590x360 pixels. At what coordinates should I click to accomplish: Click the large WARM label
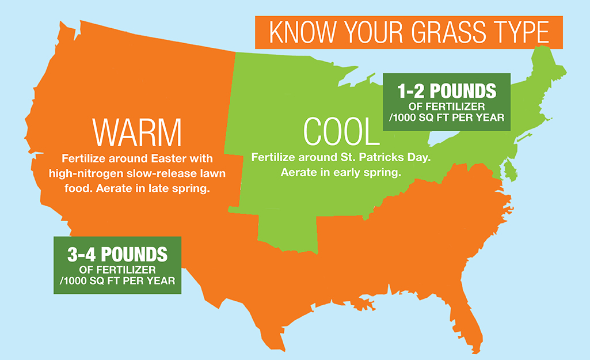pyautogui.click(x=137, y=132)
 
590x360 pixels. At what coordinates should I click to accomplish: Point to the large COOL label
pyautogui.click(x=341, y=131)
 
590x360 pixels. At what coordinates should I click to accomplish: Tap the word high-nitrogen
pyautogui.click(x=86, y=173)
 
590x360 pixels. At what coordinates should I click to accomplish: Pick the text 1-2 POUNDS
pyautogui.click(x=447, y=91)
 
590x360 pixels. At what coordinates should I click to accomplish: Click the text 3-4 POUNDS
pyautogui.click(x=117, y=255)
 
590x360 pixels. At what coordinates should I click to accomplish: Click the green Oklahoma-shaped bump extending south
pyautogui.click(x=287, y=233)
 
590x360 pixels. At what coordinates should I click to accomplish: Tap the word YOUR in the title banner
pyautogui.click(x=372, y=32)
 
